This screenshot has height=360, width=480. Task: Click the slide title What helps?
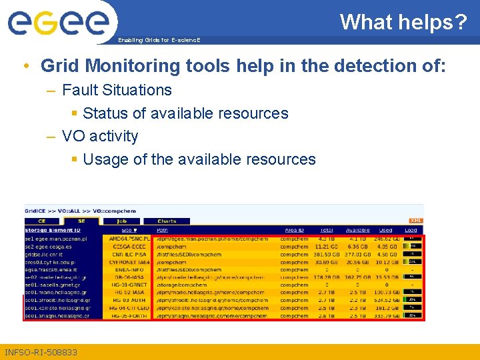click(x=403, y=22)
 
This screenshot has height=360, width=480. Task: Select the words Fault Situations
click(x=117, y=90)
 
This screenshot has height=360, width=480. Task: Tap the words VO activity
click(x=100, y=136)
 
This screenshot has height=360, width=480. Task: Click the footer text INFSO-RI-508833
click(x=41, y=352)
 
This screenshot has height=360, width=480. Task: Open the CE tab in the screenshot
click(x=42, y=221)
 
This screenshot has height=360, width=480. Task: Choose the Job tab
click(x=122, y=221)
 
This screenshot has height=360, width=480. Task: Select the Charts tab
click(x=167, y=221)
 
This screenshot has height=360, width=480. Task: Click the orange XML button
click(x=415, y=221)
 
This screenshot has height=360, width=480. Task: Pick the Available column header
click(x=357, y=230)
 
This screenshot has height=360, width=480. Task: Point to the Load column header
click(x=411, y=230)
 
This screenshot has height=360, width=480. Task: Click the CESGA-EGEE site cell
click(x=129, y=246)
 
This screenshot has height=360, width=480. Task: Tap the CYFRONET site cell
click(x=129, y=262)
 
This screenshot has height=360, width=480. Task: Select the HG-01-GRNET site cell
click(x=129, y=285)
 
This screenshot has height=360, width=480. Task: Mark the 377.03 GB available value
click(x=357, y=254)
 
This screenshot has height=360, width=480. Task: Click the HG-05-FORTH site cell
click(x=129, y=316)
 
